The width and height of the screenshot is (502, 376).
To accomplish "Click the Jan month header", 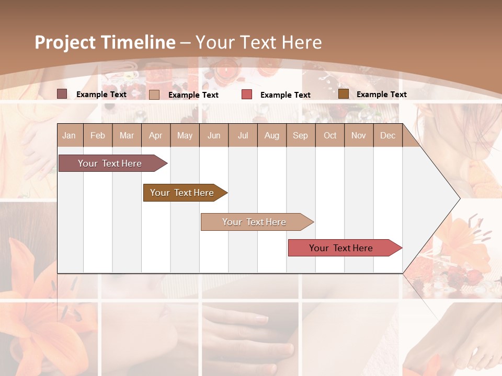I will click(69, 135).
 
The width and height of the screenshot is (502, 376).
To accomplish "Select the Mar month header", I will click(127, 135).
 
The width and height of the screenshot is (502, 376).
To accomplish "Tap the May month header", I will click(185, 135).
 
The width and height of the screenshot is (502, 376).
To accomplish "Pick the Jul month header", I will click(243, 135).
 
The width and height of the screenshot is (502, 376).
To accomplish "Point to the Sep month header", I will click(300, 135).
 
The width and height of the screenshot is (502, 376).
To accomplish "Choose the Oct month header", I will click(330, 135).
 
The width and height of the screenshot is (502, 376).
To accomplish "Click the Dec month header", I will click(387, 135).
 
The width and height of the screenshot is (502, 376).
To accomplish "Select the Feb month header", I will click(98, 135).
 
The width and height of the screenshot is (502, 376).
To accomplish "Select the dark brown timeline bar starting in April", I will click(183, 193).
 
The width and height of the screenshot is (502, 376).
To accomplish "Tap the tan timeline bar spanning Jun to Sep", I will click(255, 222).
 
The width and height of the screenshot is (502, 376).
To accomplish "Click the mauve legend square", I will click(62, 94).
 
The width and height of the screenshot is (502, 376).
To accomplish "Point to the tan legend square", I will click(154, 95).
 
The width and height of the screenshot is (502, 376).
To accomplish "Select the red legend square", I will click(247, 95).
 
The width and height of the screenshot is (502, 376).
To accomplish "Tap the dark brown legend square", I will click(344, 94).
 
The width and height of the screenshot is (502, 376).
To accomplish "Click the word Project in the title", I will click(64, 42).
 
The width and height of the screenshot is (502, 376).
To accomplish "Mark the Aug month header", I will click(271, 135).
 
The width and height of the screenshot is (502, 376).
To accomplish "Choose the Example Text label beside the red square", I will click(285, 95).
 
